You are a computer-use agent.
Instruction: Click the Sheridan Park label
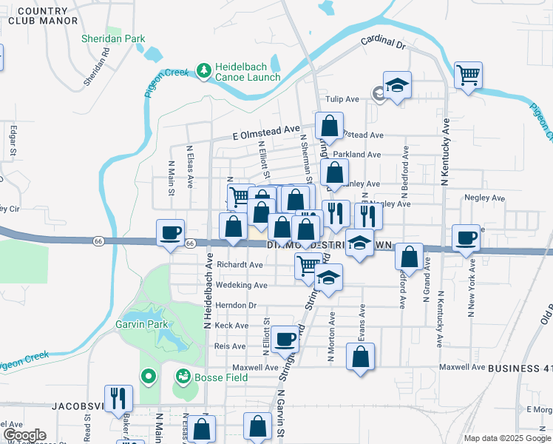point(113,38)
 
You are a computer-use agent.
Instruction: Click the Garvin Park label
point(142,324)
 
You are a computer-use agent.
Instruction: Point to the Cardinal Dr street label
point(384,44)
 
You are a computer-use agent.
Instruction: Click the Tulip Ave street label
point(342,99)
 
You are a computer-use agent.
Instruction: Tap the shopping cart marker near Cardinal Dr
point(469,75)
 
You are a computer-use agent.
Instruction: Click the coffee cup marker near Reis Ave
point(285,340)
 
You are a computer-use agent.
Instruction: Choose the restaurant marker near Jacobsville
point(118,398)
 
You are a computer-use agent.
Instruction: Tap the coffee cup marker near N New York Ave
point(466,237)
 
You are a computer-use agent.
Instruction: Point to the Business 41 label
point(520,368)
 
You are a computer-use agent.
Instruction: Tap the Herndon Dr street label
point(236,305)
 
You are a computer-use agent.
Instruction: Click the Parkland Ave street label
point(362,155)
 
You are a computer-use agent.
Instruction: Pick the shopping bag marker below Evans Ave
point(360,357)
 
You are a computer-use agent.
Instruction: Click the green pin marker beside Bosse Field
point(147,377)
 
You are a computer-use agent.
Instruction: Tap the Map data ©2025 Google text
point(506,438)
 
